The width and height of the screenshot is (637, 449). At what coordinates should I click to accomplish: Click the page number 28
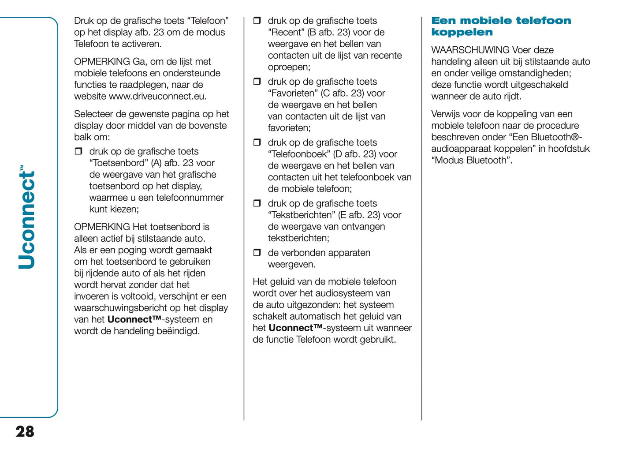click(x=25, y=431)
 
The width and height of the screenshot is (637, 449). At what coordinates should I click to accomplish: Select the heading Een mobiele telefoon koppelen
click(x=501, y=26)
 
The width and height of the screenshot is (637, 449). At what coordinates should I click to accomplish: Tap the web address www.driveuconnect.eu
click(x=157, y=96)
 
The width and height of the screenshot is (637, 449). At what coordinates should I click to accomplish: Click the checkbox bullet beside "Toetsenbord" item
click(x=78, y=151)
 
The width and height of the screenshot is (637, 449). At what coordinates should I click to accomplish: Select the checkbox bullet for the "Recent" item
click(x=257, y=21)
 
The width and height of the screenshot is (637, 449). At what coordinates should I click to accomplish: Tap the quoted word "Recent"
click(x=286, y=33)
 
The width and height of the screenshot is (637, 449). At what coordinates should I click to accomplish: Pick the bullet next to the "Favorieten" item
click(x=257, y=82)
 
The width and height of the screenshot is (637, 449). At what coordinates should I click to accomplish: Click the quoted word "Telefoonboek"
click(x=299, y=154)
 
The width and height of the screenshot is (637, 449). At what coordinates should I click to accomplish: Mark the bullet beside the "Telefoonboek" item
click(x=257, y=142)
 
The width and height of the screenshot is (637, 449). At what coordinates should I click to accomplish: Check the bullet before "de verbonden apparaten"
click(x=257, y=253)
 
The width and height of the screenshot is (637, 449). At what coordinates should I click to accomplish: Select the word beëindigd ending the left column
click(x=178, y=331)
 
